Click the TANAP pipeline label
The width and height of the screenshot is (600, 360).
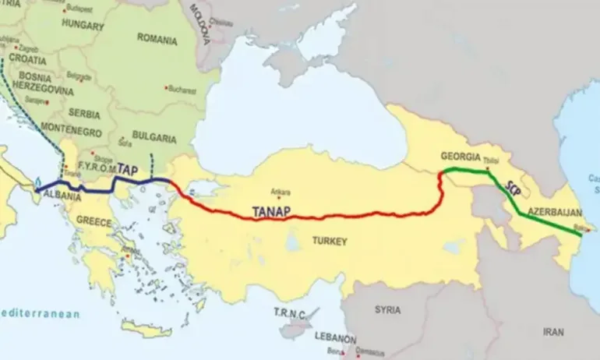click(276, 210)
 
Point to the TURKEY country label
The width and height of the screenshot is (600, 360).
click(329, 242)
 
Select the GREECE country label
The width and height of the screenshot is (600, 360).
click(94, 221)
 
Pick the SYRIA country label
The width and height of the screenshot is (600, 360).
click(388, 309)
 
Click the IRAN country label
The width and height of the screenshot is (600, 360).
click(553, 331)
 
